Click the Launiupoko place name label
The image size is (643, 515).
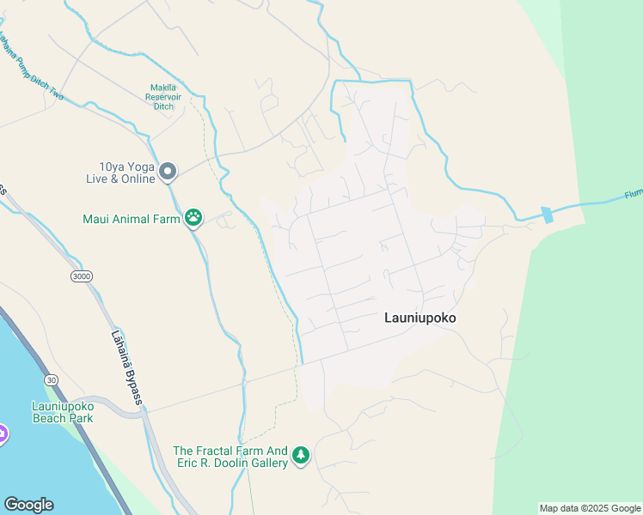click(419, 318)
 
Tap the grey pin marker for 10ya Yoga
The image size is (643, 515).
click(168, 173)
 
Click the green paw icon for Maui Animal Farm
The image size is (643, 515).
click(194, 218)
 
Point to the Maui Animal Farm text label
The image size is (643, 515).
click(132, 219)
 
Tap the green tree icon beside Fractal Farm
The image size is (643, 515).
click(300, 454)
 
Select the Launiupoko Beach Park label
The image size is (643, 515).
click(63, 411)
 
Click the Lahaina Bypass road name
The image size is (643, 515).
click(126, 368)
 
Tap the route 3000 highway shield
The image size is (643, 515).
click(82, 276)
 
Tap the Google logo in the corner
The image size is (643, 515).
click(28, 505)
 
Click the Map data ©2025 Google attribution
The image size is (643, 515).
click(591, 508)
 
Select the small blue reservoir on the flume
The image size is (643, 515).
click(547, 215)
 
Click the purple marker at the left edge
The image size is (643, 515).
click(3, 433)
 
